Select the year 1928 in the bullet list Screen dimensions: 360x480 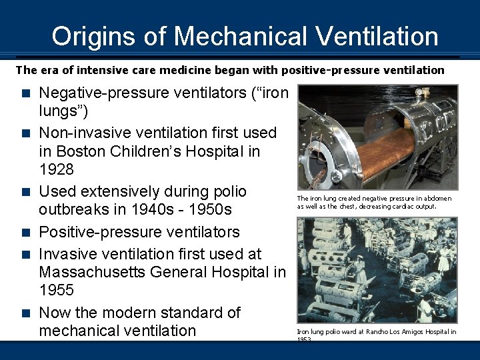(57, 169)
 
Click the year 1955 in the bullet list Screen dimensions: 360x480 (57, 290)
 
